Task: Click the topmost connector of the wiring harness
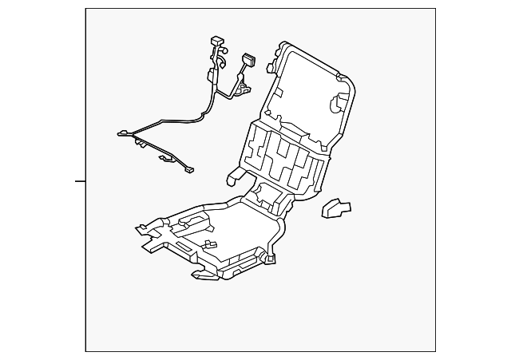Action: (216, 41)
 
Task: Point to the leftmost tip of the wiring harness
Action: (121, 133)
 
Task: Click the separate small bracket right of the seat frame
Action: (336, 208)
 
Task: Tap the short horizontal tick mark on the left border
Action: (80, 182)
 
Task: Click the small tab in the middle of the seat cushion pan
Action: (210, 243)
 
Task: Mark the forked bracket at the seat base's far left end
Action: (144, 231)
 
